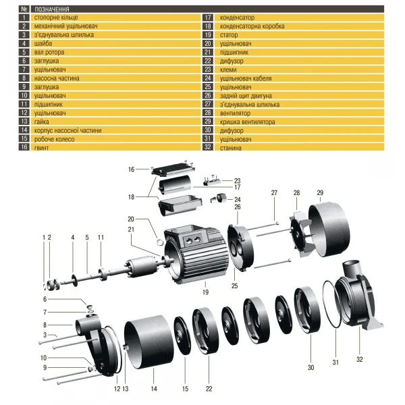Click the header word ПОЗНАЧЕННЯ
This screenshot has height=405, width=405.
(x=51, y=8)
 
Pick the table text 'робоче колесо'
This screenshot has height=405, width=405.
(x=53, y=138)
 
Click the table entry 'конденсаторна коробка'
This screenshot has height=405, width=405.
(x=252, y=25)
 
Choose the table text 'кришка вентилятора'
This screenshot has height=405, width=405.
(x=248, y=122)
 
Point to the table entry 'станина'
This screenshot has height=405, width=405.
(x=232, y=146)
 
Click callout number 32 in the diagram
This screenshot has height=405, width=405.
(x=359, y=359)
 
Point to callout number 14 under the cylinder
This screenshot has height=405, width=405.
(x=153, y=388)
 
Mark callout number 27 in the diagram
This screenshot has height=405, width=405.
(x=275, y=193)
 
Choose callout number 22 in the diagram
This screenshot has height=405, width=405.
(x=209, y=388)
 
